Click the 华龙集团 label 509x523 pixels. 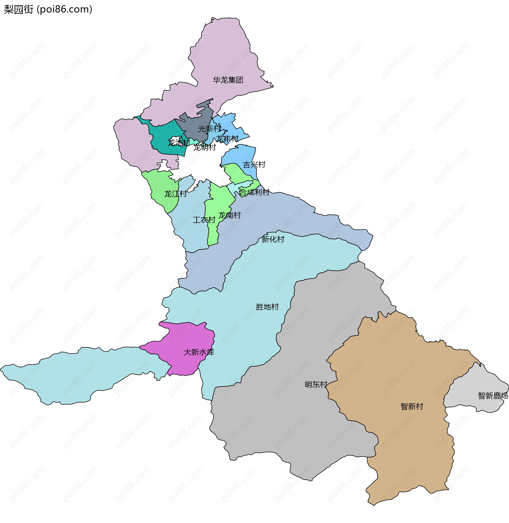click(x=228, y=80)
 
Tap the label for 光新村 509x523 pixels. click(x=209, y=129)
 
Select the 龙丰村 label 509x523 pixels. click(x=227, y=139)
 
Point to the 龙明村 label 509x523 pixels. click(x=204, y=147)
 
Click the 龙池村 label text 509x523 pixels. click(x=179, y=142)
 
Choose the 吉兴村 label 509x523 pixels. click(x=254, y=165)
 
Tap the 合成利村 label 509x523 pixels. click(x=254, y=192)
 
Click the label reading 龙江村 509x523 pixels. click(x=175, y=194)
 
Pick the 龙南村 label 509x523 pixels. click(x=229, y=215)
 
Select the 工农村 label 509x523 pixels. click(x=204, y=220)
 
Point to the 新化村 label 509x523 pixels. click(x=273, y=239)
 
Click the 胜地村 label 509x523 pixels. click(x=267, y=307)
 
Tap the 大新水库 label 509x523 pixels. click(x=199, y=352)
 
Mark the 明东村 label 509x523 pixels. click(x=316, y=385)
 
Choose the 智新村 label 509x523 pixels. click(x=412, y=406)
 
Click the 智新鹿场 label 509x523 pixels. click(x=493, y=396)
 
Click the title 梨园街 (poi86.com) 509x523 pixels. click(x=48, y=9)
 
